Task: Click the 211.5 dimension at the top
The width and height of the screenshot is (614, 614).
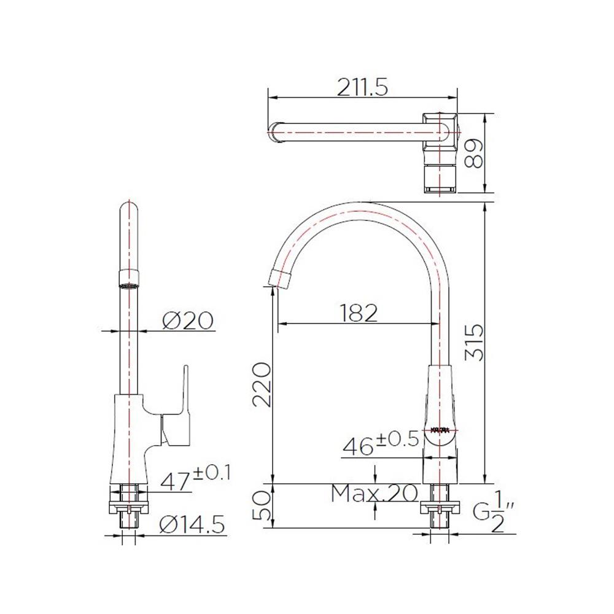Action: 362,88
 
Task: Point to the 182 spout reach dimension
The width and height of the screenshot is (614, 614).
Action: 359,313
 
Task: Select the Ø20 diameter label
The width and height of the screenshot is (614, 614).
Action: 188,321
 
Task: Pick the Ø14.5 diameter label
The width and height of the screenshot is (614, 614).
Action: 192,525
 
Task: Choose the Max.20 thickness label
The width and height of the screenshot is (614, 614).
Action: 374,492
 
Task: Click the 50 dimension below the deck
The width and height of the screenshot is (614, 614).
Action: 262,505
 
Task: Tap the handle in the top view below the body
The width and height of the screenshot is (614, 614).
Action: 441,178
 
